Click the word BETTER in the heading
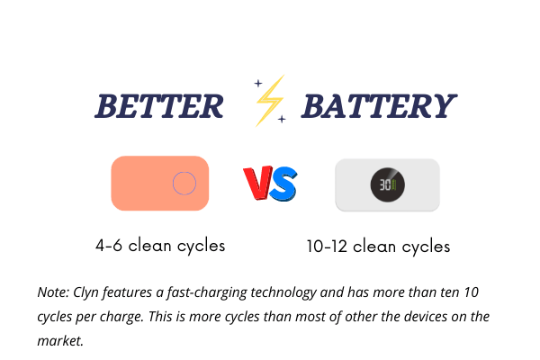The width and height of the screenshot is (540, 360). click(159, 106)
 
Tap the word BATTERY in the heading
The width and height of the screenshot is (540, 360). click(379, 106)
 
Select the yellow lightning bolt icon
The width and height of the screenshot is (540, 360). click(271, 100)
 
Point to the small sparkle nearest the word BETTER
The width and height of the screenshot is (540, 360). click(258, 83)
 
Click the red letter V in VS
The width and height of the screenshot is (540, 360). click(258, 183)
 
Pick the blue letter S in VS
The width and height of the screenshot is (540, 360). click(283, 184)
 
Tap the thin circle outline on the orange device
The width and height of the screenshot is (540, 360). click(184, 184)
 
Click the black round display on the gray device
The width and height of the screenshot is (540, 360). click(387, 184)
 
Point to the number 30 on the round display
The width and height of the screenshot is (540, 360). click(384, 185)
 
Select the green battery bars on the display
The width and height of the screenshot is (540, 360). click(393, 185)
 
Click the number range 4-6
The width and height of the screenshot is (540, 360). click(109, 246)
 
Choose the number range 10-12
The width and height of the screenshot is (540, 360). click(327, 247)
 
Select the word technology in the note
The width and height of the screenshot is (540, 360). click(283, 293)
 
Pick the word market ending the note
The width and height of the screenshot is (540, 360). click(60, 341)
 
